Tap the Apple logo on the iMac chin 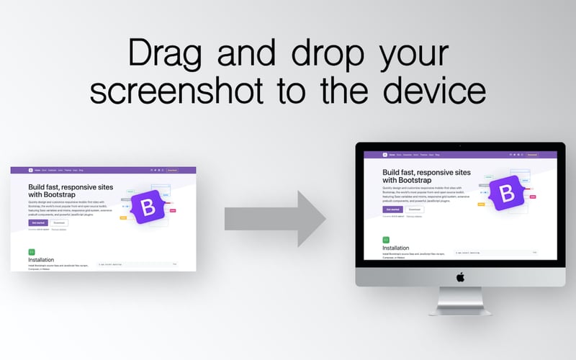pos(460,276)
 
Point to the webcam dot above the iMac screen pos(460,146)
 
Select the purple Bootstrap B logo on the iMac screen pos(507,193)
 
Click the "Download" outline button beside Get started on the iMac pos(415,210)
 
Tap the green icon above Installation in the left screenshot pos(32,252)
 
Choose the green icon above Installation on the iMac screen pos(386,239)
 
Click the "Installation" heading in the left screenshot pos(41,260)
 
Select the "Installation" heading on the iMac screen pos(396,248)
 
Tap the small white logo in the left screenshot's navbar pos(31,171)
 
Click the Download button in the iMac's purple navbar pos(532,155)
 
